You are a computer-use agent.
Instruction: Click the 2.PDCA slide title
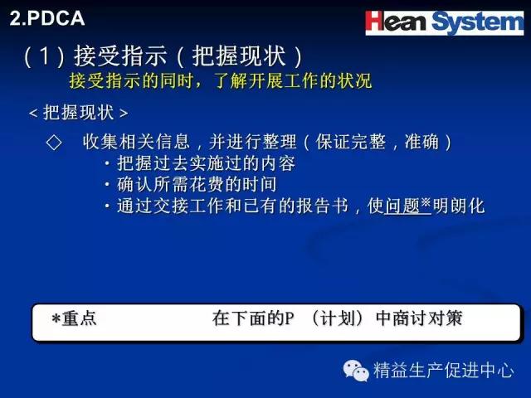(x=47, y=18)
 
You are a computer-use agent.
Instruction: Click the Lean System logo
(x=445, y=22)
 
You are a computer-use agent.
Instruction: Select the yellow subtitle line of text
(x=221, y=81)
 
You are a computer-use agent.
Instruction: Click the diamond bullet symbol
(x=54, y=142)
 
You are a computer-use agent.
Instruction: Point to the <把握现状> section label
(x=79, y=113)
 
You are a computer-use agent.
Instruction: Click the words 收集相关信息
(x=136, y=142)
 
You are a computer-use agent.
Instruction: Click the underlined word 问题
(x=402, y=206)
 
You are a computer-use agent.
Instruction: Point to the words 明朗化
(x=459, y=206)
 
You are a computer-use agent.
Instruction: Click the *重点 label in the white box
(x=74, y=318)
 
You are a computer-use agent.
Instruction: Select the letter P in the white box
(x=289, y=318)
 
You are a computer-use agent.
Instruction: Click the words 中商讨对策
(x=419, y=318)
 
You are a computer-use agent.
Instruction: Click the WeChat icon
(x=356, y=371)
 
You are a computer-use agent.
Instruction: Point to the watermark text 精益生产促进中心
(x=444, y=370)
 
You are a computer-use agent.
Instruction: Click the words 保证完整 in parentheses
(x=351, y=142)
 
